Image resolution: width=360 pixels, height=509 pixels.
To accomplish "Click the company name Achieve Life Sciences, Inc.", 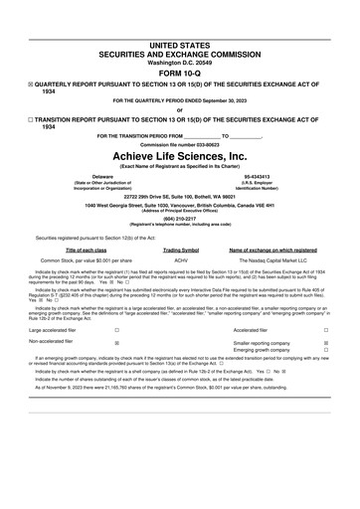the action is [179, 156].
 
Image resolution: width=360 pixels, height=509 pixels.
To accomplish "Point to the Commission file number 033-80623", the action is [179, 144].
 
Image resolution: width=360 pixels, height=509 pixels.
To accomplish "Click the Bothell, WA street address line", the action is [179, 195].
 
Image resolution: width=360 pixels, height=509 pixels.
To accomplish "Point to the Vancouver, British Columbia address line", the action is [179, 204].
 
